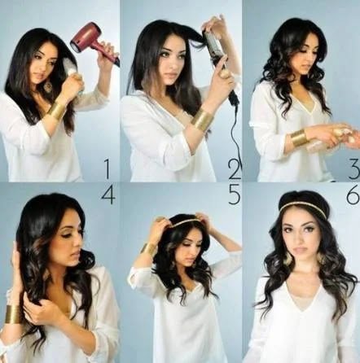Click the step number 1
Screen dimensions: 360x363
tap(107, 168)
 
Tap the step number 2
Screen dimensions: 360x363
tap(233, 168)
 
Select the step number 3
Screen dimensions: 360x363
tap(354, 169)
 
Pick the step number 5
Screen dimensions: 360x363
tap(235, 195)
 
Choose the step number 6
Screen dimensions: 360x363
tap(353, 195)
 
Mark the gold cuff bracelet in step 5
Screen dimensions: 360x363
tap(149, 249)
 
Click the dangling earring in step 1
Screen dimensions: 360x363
tap(48, 85)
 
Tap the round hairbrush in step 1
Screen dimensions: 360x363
tap(73, 72)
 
